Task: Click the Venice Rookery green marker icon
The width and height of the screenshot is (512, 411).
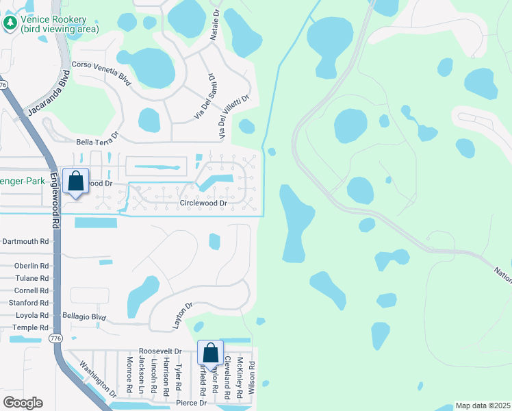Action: [10, 23]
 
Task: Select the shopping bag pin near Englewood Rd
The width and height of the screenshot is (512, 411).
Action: [76, 182]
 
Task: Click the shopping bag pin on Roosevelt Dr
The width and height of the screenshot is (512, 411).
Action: [210, 353]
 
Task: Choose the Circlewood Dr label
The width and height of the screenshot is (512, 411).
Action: [203, 203]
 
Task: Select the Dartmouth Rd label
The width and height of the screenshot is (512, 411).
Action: [26, 241]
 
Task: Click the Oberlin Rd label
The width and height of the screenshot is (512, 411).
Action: [31, 266]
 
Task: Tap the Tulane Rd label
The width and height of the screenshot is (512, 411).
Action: [34, 278]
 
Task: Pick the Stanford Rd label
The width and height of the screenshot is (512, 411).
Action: [29, 302]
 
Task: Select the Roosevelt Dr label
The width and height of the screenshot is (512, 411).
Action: [159, 351]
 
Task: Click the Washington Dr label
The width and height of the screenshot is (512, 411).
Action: [95, 381]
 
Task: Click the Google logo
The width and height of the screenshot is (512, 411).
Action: [22, 403]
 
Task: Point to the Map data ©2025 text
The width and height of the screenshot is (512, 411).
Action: [482, 406]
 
